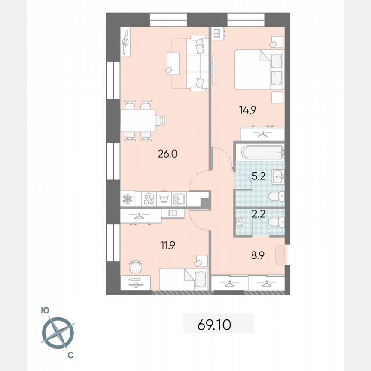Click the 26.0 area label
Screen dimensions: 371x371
pyautogui.click(x=167, y=154)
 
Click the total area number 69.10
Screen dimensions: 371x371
pyautogui.click(x=214, y=325)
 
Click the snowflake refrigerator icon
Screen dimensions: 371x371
pyautogui.click(x=128, y=199)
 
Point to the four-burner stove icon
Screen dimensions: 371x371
pyautogui.click(x=149, y=199)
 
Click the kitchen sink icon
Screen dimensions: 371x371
pyautogui.click(x=179, y=199)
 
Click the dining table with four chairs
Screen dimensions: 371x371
pyautogui.click(x=138, y=121)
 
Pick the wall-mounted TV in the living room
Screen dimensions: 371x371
pyautogui.click(x=126, y=42)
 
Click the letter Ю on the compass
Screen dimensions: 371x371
pyautogui.click(x=45, y=310)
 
